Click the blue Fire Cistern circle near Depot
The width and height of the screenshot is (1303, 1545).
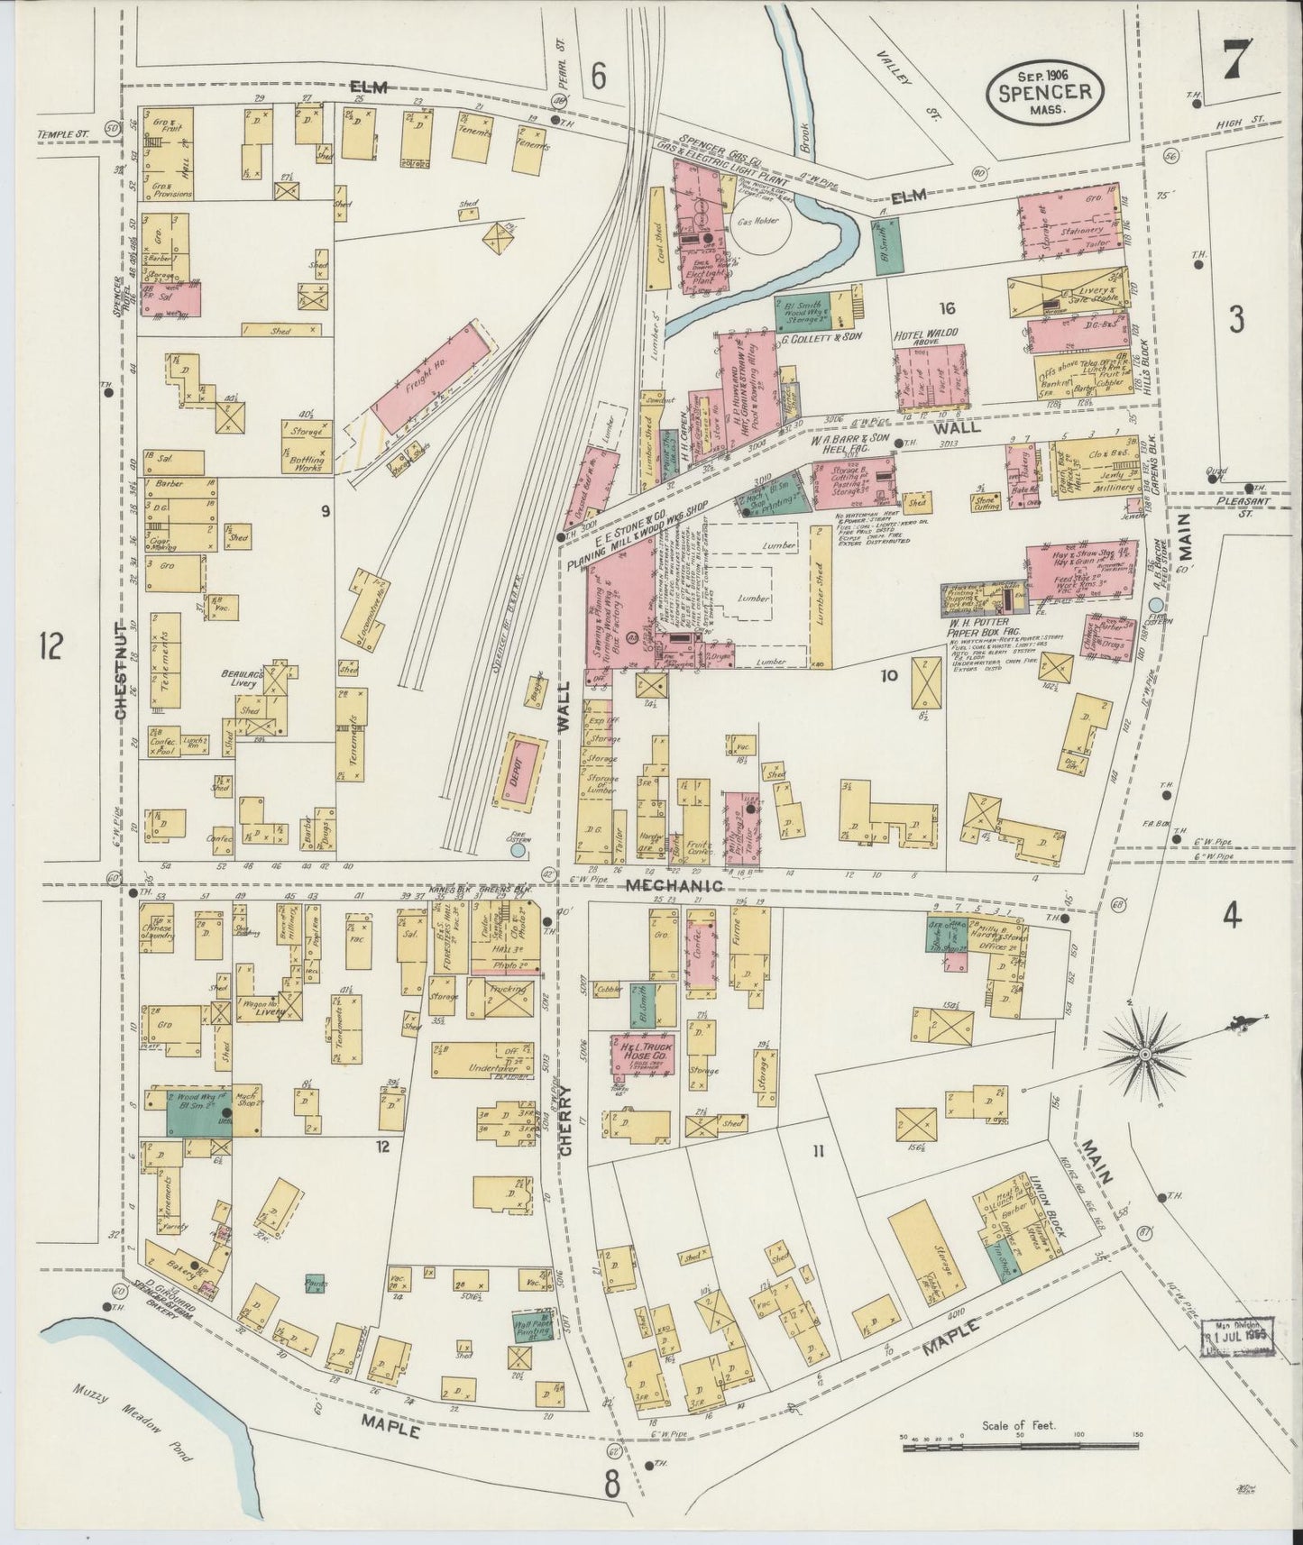click(x=517, y=850)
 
